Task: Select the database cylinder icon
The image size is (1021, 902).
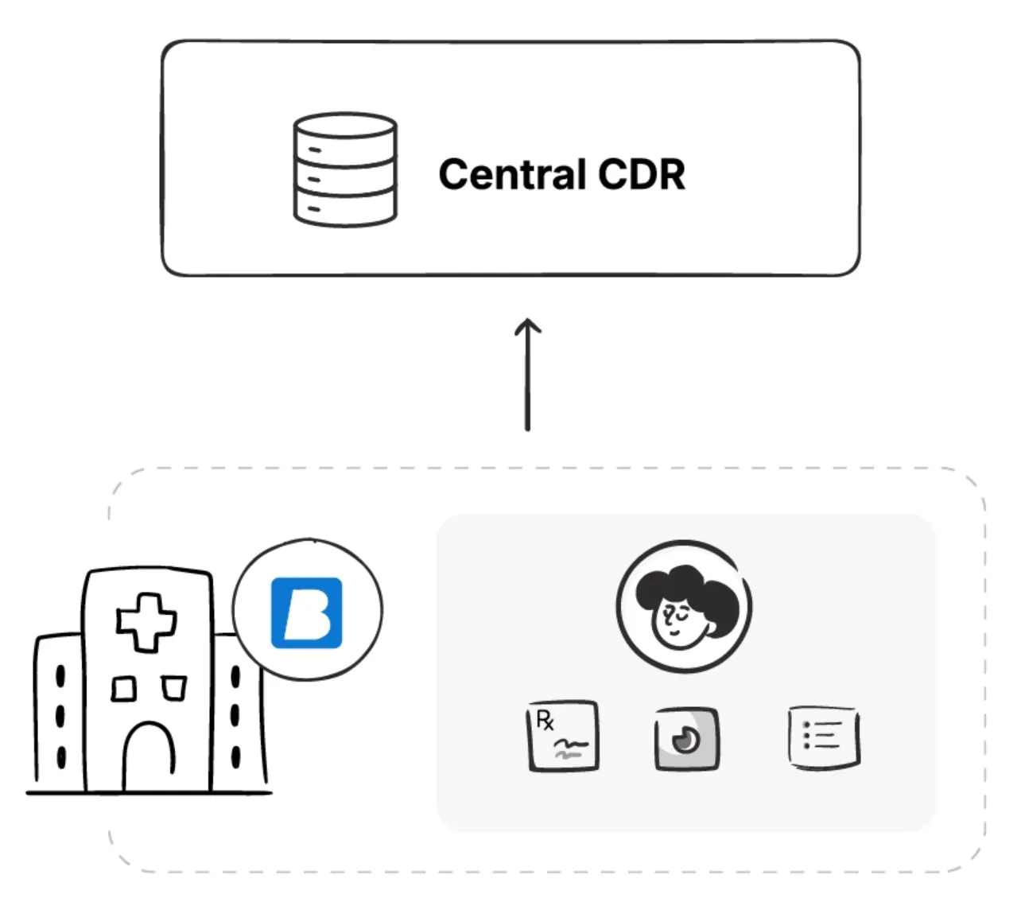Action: pos(345,169)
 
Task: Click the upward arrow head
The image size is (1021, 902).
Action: pos(527,325)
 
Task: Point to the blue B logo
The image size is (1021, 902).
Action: pos(307,612)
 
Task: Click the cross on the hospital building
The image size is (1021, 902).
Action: pos(146,621)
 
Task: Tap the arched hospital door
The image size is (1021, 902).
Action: pos(149,756)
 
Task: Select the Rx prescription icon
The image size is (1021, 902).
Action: pos(563,737)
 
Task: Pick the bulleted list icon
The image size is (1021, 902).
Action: pos(824,737)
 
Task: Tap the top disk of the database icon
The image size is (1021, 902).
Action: pos(345,127)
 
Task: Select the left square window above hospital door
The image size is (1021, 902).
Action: pos(123,688)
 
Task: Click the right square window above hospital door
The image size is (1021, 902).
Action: pos(173,688)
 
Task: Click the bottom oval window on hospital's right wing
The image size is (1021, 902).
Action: pos(235,754)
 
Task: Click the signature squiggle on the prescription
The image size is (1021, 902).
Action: pos(570,748)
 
